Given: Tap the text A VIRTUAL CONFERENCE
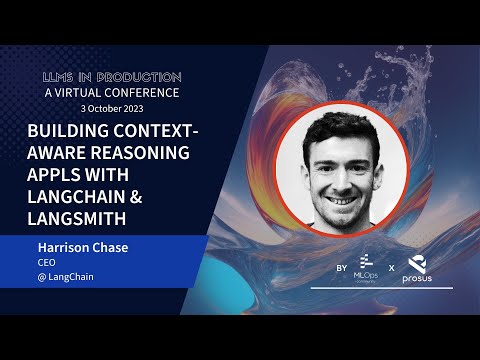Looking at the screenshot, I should click(111, 92).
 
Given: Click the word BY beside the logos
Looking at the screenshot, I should click(341, 270).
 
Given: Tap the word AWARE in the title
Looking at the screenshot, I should click(62, 153).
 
